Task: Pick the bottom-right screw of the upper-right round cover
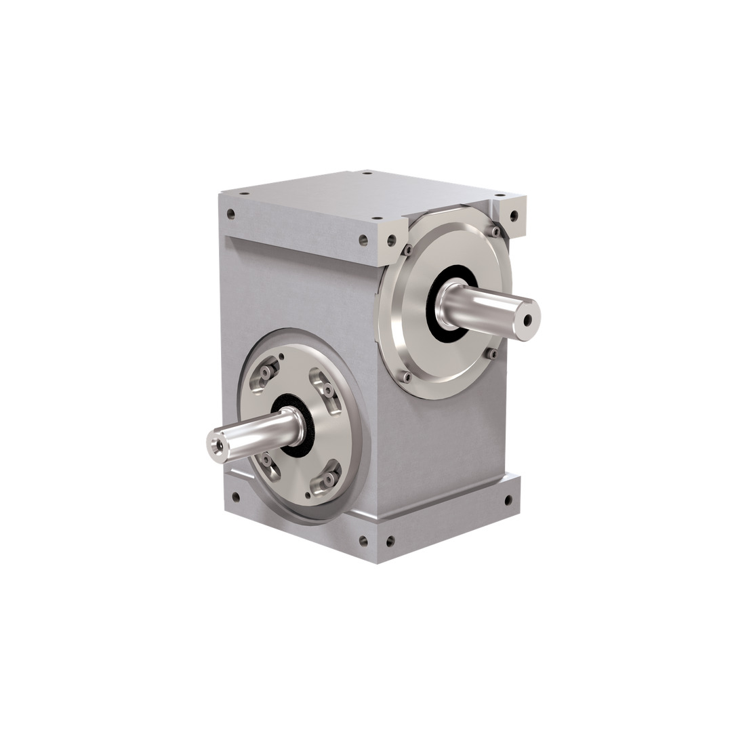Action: click(x=493, y=353)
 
